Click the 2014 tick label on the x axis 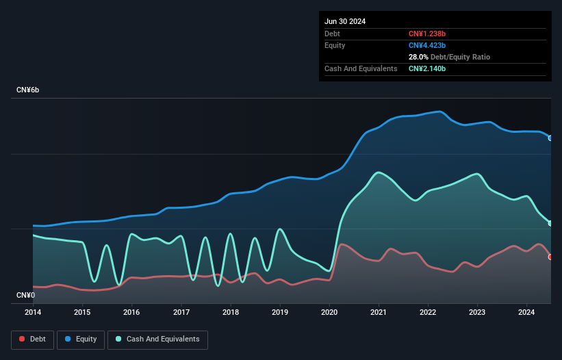(32, 313)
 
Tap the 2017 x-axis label (181, 313)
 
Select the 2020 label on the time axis (329, 313)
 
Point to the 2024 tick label (526, 313)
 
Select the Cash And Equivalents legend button (157, 339)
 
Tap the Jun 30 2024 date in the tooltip (345, 21)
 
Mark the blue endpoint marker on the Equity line (550, 138)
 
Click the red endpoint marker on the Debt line (550, 257)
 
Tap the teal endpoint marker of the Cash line (550, 223)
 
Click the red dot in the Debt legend (22, 339)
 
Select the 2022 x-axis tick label (428, 313)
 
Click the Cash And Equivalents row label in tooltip (361, 68)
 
